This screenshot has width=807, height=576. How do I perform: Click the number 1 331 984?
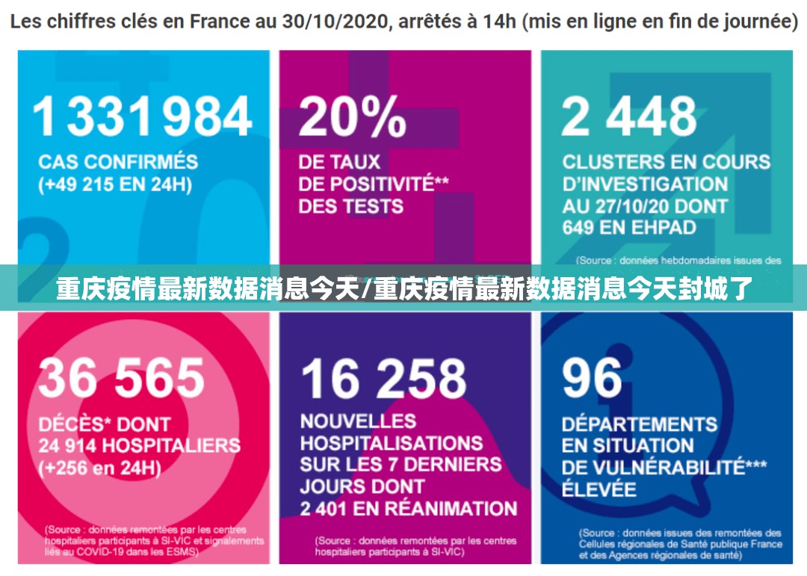[x=142, y=118]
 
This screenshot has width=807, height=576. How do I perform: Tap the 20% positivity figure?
[x=352, y=118]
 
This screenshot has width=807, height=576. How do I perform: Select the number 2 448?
[x=629, y=118]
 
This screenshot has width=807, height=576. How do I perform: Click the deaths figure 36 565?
[x=121, y=377]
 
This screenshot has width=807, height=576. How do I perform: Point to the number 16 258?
[x=383, y=377]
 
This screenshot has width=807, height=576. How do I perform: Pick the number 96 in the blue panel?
[x=592, y=377]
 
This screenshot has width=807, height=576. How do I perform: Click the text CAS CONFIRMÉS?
[x=118, y=162]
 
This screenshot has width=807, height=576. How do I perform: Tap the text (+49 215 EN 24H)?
[x=116, y=185]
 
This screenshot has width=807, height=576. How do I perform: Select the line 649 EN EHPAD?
[x=629, y=227]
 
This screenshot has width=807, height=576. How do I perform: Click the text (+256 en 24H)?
[x=100, y=468]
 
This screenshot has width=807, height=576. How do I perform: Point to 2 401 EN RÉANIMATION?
[x=408, y=509]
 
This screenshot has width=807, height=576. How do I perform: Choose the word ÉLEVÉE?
[x=599, y=490]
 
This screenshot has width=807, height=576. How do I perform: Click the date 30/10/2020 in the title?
[x=334, y=22]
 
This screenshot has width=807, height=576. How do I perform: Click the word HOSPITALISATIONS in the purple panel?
[x=392, y=443]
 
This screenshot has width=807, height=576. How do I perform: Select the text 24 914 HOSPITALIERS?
[x=139, y=446]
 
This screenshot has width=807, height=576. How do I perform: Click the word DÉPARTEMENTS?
[x=639, y=424]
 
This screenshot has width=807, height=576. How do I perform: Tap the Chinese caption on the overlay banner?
[x=403, y=288]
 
